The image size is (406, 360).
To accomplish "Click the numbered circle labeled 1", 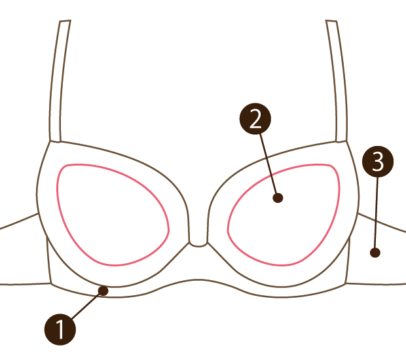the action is (x=60, y=329).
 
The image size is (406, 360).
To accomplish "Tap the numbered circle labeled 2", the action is (x=255, y=118).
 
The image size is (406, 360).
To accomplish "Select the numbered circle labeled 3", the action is (x=378, y=162).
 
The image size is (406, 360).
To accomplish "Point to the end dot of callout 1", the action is (x=103, y=291).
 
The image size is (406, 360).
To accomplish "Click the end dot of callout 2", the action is (x=278, y=198).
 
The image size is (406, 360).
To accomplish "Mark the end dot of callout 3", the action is (x=375, y=253).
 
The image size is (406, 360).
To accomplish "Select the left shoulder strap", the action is (x=58, y=81).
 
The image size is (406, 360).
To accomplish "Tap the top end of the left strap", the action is (x=65, y=21).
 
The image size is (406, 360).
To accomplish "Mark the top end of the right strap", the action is (x=331, y=21).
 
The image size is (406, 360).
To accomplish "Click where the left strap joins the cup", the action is (x=54, y=141).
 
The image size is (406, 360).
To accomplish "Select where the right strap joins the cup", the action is (x=341, y=141).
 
